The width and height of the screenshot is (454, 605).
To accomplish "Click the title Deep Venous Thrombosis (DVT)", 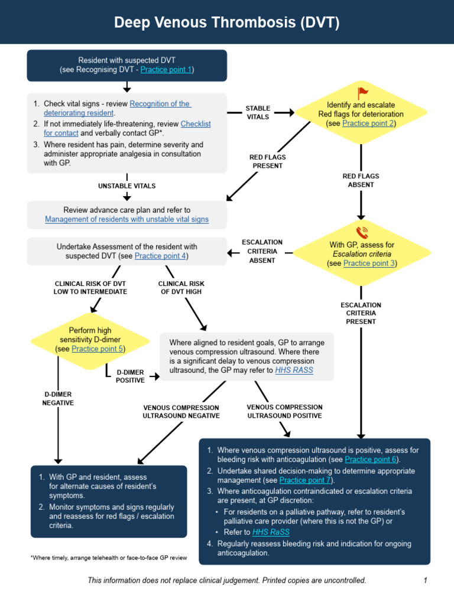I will pyautogui.click(x=226, y=22).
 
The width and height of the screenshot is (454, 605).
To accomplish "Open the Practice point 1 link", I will pyautogui.click(x=166, y=70).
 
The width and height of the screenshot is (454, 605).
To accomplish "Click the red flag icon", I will pyautogui.click(x=362, y=93).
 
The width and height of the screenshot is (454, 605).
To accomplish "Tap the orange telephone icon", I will pyautogui.click(x=362, y=231).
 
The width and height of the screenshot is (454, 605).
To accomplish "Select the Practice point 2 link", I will pyautogui.click(x=368, y=123).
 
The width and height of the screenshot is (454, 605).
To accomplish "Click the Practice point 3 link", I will pyautogui.click(x=369, y=264).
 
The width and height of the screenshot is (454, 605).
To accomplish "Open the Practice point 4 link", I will pyautogui.click(x=160, y=256).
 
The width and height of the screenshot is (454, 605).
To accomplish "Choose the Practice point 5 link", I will pyautogui.click(x=97, y=349).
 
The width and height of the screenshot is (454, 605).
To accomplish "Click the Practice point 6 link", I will pyautogui.click(x=371, y=459).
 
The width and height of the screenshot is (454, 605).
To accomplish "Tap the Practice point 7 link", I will pyautogui.click(x=305, y=480).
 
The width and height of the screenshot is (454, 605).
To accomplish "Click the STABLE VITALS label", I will pyautogui.click(x=258, y=112).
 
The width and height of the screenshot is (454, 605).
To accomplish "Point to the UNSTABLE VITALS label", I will pyautogui.click(x=127, y=186).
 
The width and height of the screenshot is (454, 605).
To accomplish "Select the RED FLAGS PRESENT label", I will pyautogui.click(x=267, y=161).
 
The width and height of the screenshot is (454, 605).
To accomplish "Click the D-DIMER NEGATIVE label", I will pyautogui.click(x=58, y=398).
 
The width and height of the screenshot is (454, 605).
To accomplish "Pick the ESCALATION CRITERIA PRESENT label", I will pyautogui.click(x=361, y=313).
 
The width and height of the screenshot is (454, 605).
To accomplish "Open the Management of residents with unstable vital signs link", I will pyautogui.click(x=127, y=219).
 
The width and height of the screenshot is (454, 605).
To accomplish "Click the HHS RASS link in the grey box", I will pyautogui.click(x=294, y=370).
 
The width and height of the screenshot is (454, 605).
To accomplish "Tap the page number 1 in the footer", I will pyautogui.click(x=424, y=581).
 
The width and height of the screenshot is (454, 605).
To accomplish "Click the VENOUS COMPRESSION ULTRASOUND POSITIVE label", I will pyautogui.click(x=284, y=411).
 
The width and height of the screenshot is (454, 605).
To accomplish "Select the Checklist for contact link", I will pyautogui.click(x=195, y=124).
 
